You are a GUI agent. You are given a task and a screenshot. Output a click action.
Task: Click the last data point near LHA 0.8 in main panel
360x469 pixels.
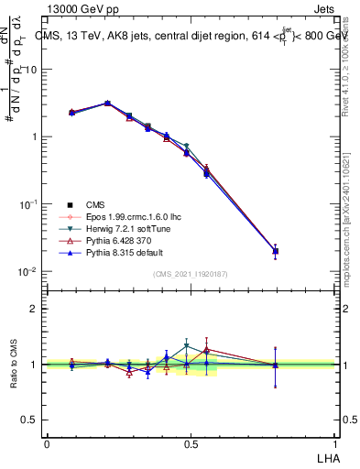point(276,251)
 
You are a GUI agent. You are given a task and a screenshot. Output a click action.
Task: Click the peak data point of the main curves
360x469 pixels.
point(107,104)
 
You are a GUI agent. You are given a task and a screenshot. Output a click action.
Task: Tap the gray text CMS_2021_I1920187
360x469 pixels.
point(191,275)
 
